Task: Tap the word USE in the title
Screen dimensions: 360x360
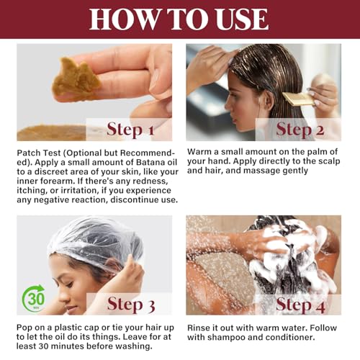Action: [242, 19]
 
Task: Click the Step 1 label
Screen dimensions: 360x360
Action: [130, 130]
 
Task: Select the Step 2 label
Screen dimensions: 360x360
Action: [300, 130]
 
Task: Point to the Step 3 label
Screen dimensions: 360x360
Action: [131, 304]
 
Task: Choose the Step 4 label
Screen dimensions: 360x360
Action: [301, 305]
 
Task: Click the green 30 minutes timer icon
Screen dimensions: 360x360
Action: [34, 298]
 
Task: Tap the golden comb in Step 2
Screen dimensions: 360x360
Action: [299, 99]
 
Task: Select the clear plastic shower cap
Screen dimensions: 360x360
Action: [96, 243]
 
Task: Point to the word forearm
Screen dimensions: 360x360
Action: [53, 181]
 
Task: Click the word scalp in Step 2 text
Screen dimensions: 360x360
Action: [329, 161]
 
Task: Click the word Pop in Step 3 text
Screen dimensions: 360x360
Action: [24, 328]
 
